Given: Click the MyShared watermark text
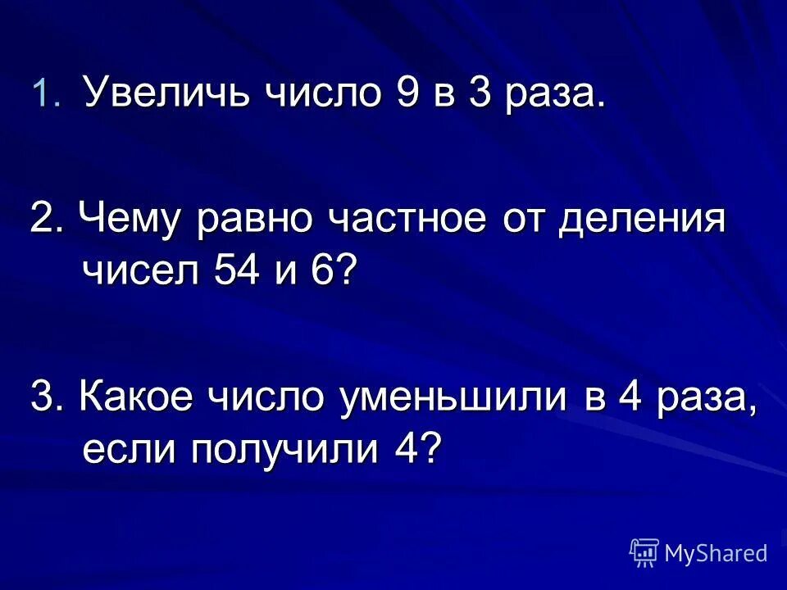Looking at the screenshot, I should (716, 553).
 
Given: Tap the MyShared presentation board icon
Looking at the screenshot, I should (644, 552).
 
